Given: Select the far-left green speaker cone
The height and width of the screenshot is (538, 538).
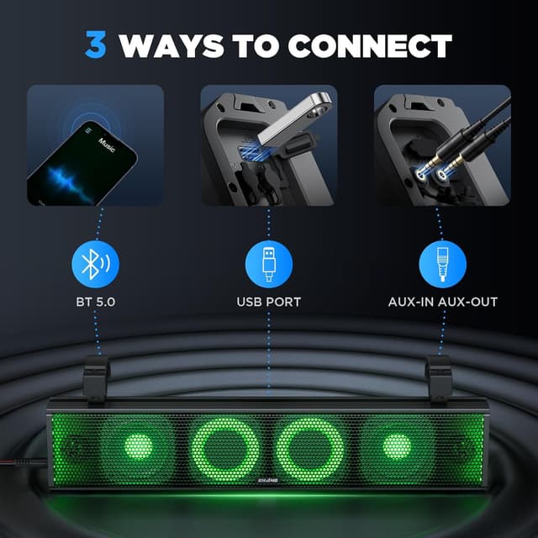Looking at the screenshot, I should (126, 446).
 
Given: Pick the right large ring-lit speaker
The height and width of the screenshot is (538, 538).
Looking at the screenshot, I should (313, 446).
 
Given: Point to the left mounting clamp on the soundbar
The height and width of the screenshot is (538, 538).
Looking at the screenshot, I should (98, 377).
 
